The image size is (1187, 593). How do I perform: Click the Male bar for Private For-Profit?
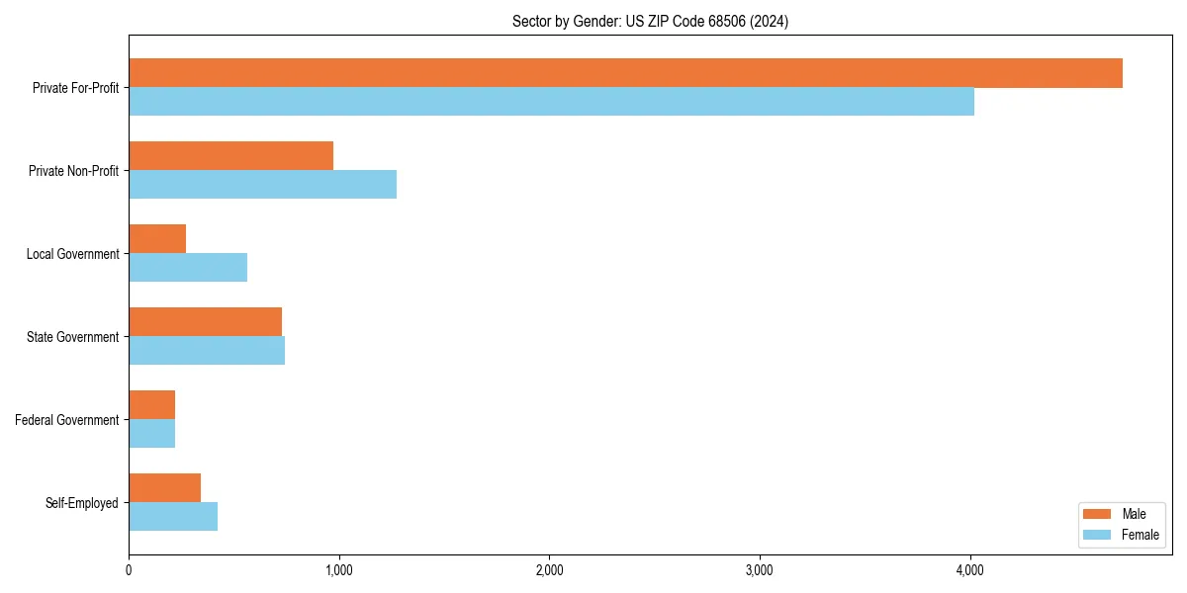click(625, 73)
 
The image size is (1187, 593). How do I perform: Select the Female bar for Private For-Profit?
click(551, 102)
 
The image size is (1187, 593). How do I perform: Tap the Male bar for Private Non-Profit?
click(230, 156)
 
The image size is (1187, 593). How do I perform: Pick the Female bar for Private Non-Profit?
click(262, 185)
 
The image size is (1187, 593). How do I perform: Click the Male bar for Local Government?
click(157, 239)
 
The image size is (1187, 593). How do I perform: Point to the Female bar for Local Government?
click(188, 268)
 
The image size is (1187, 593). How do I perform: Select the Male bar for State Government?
click(205, 322)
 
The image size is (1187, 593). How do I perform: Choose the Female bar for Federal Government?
click(151, 434)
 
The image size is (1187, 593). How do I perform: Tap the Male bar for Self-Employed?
click(164, 488)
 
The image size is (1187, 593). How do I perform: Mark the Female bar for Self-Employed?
click(173, 517)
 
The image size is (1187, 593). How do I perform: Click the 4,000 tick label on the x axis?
click(969, 569)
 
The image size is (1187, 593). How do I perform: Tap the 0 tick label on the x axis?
click(129, 569)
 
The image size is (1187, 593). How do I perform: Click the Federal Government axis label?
click(66, 420)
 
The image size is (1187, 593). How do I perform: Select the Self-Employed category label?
click(81, 503)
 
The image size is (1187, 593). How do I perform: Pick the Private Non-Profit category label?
click(73, 171)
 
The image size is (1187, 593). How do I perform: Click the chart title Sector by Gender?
click(650, 21)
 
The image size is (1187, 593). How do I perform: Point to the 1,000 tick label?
click(338, 569)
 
